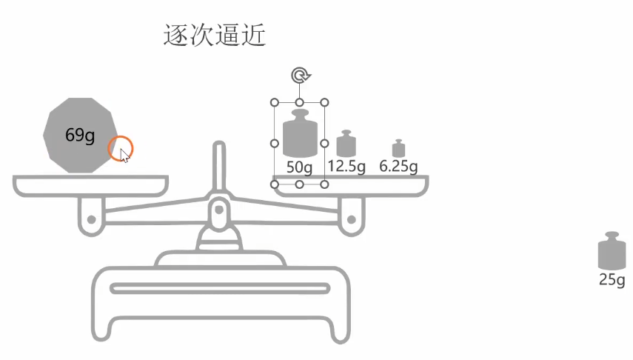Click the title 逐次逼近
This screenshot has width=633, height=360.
[x=214, y=36]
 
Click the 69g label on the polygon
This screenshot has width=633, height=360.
[x=80, y=136]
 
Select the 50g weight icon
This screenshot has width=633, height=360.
[x=299, y=133]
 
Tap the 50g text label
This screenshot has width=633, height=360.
[x=299, y=167]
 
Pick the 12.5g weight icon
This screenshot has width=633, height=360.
[x=346, y=144]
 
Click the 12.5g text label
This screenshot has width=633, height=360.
[x=346, y=166]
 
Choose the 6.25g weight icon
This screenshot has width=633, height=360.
[x=398, y=148]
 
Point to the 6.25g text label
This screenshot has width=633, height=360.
[x=398, y=166]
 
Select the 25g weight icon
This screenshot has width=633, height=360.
[x=612, y=252]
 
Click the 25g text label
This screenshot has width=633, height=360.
[x=612, y=280]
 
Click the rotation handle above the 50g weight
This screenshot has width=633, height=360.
[x=299, y=75]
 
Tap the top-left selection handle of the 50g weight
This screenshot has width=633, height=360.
[x=275, y=102]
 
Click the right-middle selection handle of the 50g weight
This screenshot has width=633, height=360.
[x=324, y=143]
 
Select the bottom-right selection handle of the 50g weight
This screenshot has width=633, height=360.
[x=324, y=184]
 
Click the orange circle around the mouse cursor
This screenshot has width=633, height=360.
[x=121, y=148]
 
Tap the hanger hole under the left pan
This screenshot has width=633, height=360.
[x=90, y=219]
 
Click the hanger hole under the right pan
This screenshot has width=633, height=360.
[x=349, y=219]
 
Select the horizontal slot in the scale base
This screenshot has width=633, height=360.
[x=219, y=288]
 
